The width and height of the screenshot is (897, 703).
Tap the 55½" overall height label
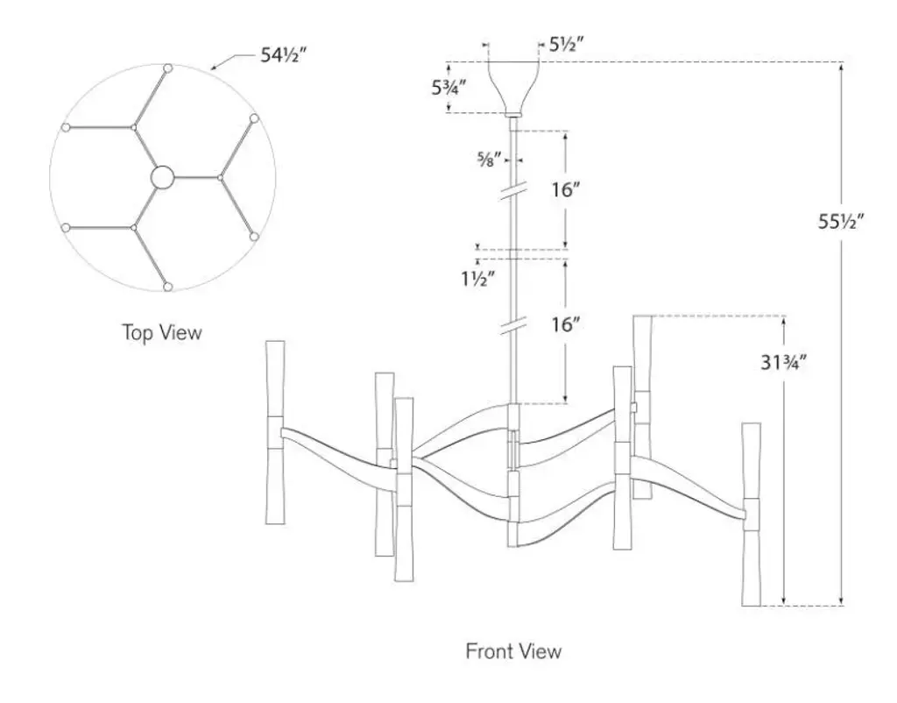[843, 222]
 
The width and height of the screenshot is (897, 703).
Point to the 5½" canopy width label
[568, 43]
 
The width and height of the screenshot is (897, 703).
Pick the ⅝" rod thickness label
[489, 159]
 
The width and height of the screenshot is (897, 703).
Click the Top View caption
[161, 332]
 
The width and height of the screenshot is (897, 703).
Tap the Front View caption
[513, 651]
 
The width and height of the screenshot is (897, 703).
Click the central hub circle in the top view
[162, 178]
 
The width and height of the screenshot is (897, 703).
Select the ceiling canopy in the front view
[513, 88]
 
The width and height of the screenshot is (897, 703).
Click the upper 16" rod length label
[566, 190]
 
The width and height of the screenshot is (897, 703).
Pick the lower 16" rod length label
[566, 324]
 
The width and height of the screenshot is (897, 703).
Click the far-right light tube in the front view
[752, 515]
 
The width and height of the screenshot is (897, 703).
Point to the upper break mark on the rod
[514, 190]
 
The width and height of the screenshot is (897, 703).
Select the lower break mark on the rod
[514, 326]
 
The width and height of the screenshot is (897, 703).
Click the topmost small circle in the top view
[168, 68]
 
